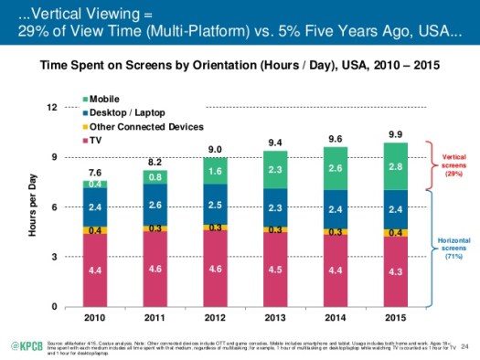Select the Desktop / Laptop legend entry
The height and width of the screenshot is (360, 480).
(x=120, y=111)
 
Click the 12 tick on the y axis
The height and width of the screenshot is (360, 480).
(x=53, y=107)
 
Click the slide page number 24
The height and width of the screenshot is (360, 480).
(x=464, y=345)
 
